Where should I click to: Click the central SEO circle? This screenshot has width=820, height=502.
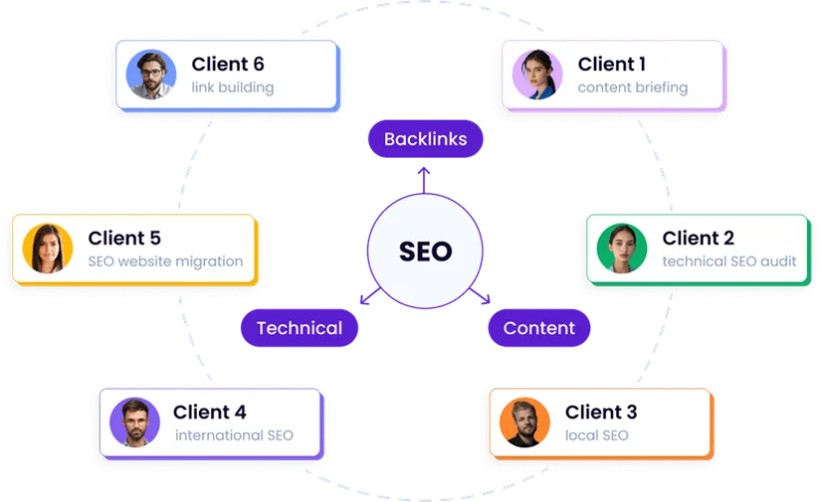coord(425,251)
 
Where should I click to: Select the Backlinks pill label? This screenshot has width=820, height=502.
coord(425,139)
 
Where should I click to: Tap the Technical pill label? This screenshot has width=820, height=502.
coord(299,328)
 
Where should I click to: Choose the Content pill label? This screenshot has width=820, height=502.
coord(538,328)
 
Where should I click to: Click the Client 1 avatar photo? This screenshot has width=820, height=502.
coord(537,76)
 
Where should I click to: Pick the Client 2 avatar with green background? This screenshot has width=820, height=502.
coord(622,249)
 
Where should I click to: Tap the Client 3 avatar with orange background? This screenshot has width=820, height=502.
coord(524,421)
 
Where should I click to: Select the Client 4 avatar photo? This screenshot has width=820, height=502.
coord(135,421)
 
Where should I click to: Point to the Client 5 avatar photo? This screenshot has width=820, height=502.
coord(48,249)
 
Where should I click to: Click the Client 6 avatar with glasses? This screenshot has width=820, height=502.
coord(151,76)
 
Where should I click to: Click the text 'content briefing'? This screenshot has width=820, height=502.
coord(632,87)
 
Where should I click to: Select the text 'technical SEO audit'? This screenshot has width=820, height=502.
coord(727,261)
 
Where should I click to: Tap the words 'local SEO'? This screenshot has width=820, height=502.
coord(597,435)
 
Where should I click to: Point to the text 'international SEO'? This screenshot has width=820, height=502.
coord(234,435)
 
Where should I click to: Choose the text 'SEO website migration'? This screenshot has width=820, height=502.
coord(165,261)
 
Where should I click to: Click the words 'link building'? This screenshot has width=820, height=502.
coord(233,87)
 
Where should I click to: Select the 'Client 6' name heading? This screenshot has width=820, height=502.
coord(228,65)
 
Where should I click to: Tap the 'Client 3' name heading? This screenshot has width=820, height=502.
coord(601,412)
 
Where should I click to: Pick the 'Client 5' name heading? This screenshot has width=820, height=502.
coord(124,239)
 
